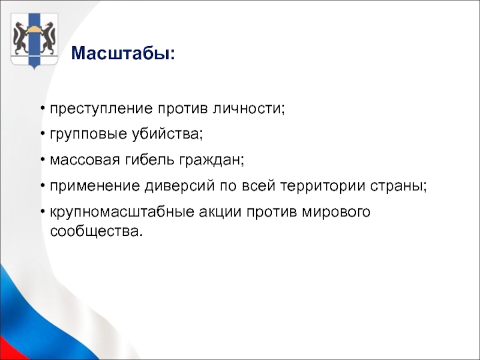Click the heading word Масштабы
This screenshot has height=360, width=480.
click(121, 53)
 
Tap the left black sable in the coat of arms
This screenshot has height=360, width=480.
click(20, 38)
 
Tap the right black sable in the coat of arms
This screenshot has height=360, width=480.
click(49, 38)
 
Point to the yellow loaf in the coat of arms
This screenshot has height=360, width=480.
click(34, 29)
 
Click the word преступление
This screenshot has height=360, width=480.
click(101, 109)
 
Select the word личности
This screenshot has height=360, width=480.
click(248, 109)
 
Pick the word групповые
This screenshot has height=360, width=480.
click(88, 134)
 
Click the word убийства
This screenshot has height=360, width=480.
click(167, 134)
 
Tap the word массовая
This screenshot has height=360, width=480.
click(85, 160)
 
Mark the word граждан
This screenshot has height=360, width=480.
click(212, 160)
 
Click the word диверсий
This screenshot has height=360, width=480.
click(179, 185)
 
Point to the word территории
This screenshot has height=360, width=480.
click(323, 186)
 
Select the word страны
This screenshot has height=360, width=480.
click(398, 186)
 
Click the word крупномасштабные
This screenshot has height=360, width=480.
click(122, 212)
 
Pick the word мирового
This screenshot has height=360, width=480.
click(336, 212)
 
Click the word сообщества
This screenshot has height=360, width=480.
click(97, 231)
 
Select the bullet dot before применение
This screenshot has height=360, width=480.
click(43, 186)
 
